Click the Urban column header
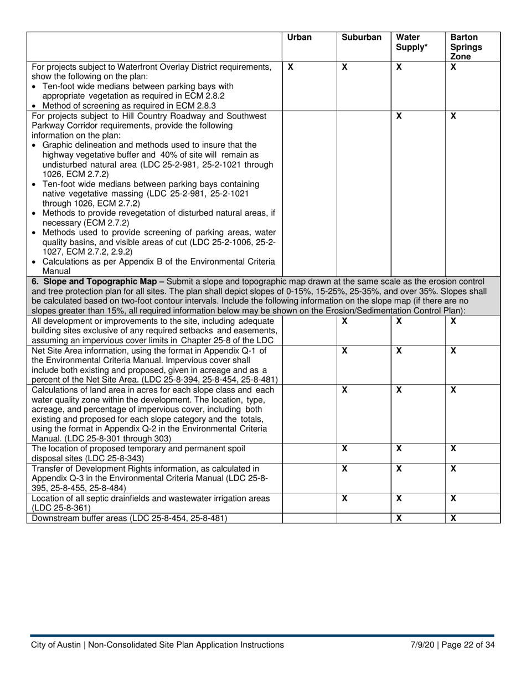click(300, 38)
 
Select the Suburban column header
click(362, 38)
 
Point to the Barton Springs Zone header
click(466, 47)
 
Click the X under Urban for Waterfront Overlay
click(290, 67)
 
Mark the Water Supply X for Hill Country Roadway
click(399, 116)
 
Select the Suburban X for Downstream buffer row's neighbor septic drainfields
click(344, 498)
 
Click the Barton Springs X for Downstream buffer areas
click(453, 519)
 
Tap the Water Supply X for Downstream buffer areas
click(399, 519)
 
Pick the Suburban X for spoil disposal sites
click(344, 448)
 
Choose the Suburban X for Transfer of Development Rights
click(344, 469)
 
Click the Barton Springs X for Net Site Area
click(453, 350)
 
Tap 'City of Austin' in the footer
click(55, 644)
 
